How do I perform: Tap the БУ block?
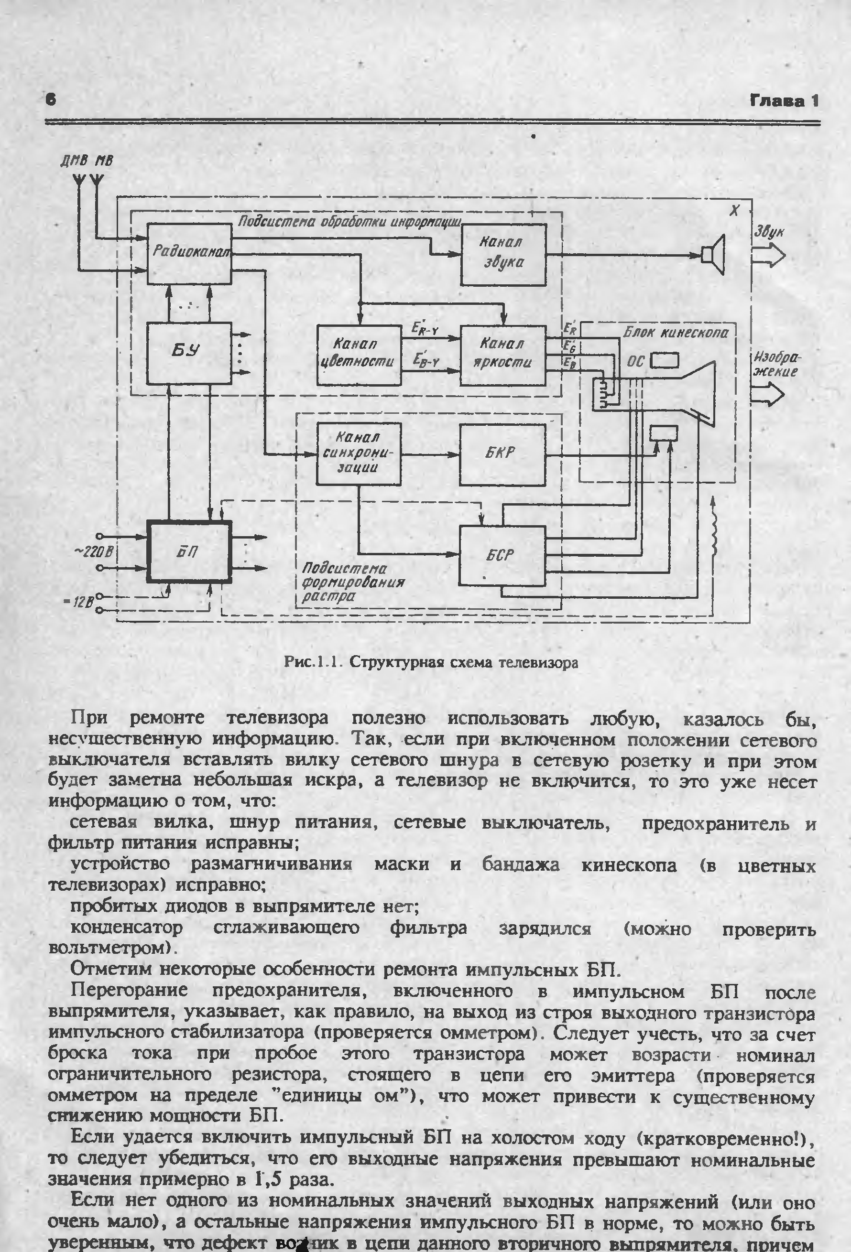[x=189, y=353]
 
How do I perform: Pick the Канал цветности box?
[x=359, y=355]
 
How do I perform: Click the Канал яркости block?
[x=502, y=355]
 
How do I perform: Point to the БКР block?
[x=502, y=454]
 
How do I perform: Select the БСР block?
[x=502, y=555]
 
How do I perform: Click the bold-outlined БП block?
[x=189, y=551]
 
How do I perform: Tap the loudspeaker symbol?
[x=714, y=254]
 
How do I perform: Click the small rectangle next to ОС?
[x=664, y=360]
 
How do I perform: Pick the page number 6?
[x=51, y=100]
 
